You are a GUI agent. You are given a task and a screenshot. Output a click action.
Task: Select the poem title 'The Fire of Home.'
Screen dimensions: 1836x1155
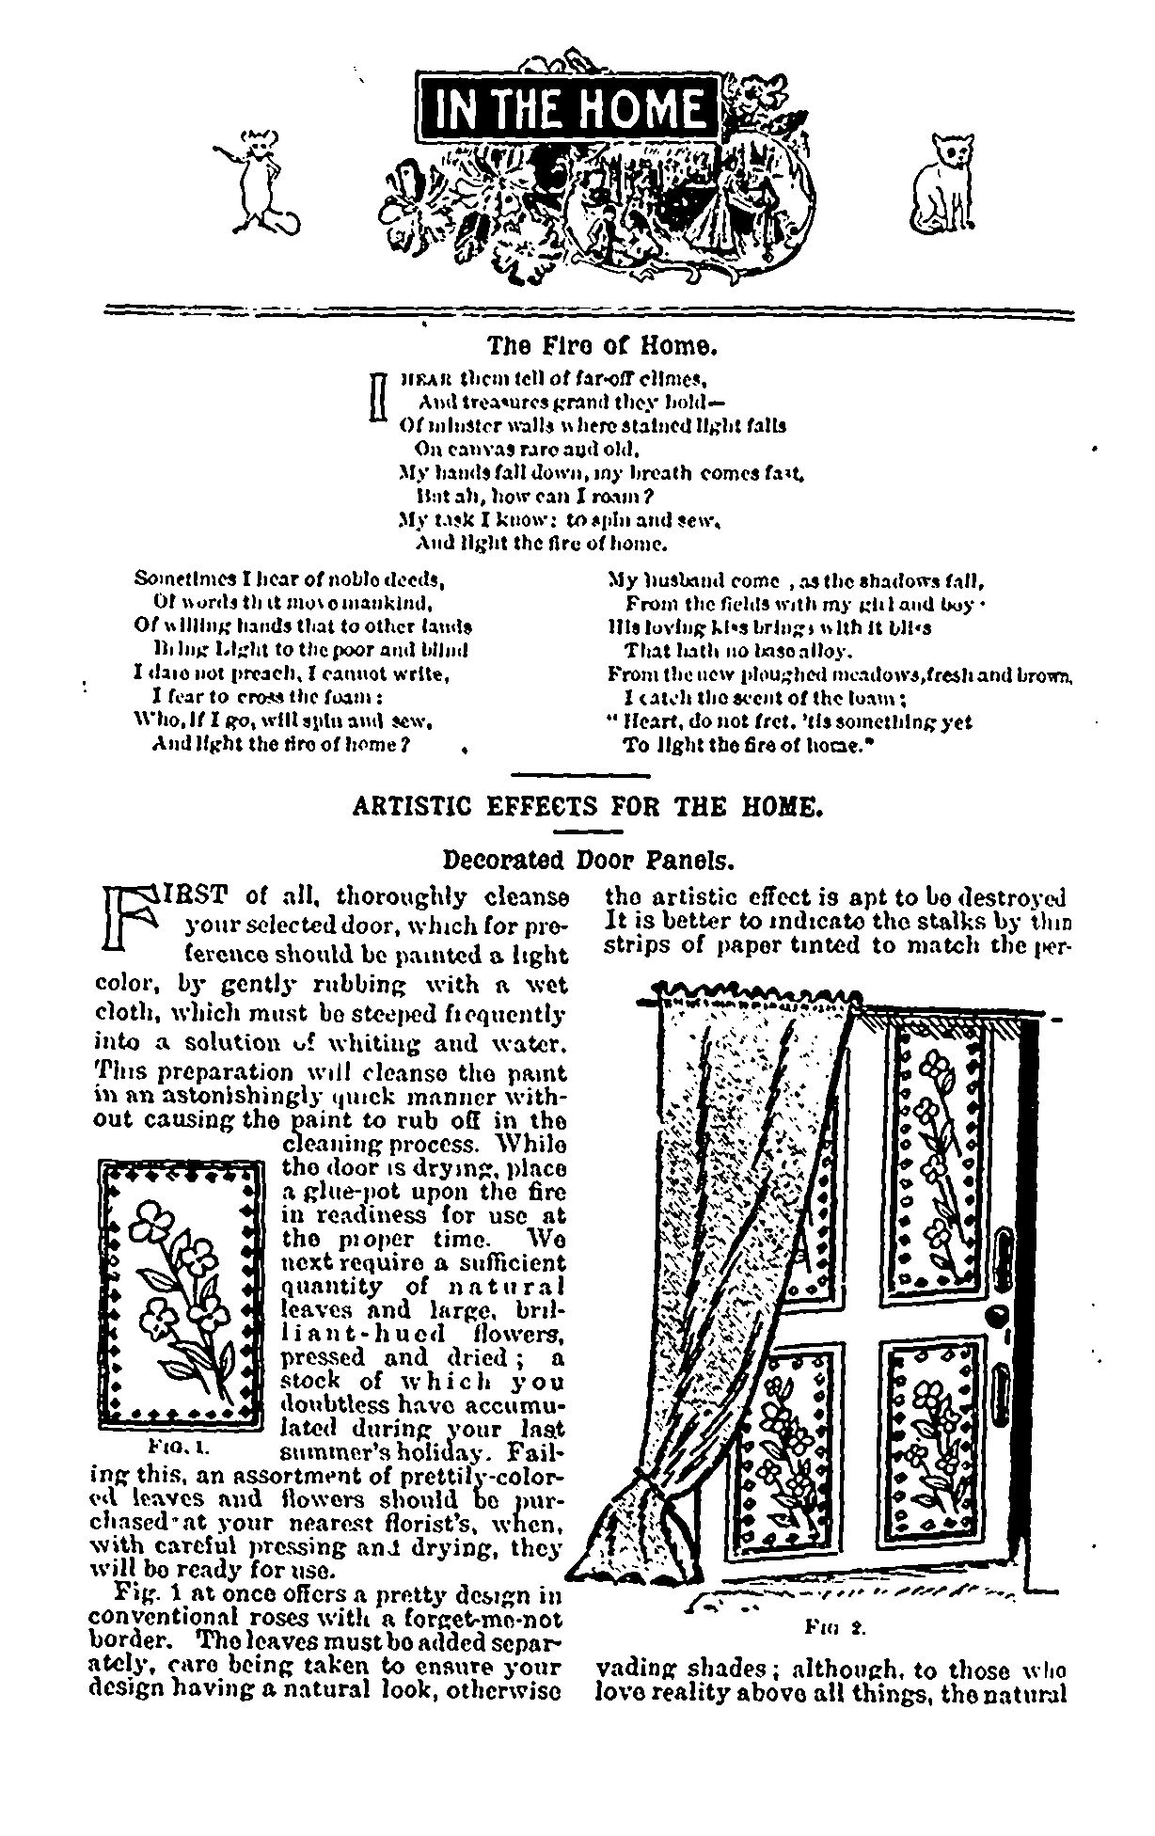pyautogui.click(x=602, y=347)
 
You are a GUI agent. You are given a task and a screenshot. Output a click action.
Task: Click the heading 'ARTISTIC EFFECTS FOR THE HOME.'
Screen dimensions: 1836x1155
pyautogui.click(x=588, y=807)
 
